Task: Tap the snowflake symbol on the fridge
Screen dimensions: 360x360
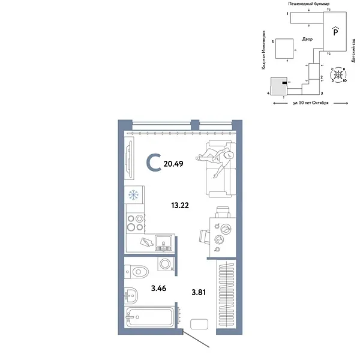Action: coord(134,195)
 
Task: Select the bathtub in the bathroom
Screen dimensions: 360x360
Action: coord(150,316)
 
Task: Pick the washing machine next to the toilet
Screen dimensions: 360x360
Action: coord(165,264)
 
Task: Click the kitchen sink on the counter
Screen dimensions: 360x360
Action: coord(164,243)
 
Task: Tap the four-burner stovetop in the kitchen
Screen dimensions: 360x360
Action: coord(134,223)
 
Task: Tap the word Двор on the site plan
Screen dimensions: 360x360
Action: coord(307,39)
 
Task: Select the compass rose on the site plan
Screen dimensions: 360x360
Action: coord(340,76)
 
